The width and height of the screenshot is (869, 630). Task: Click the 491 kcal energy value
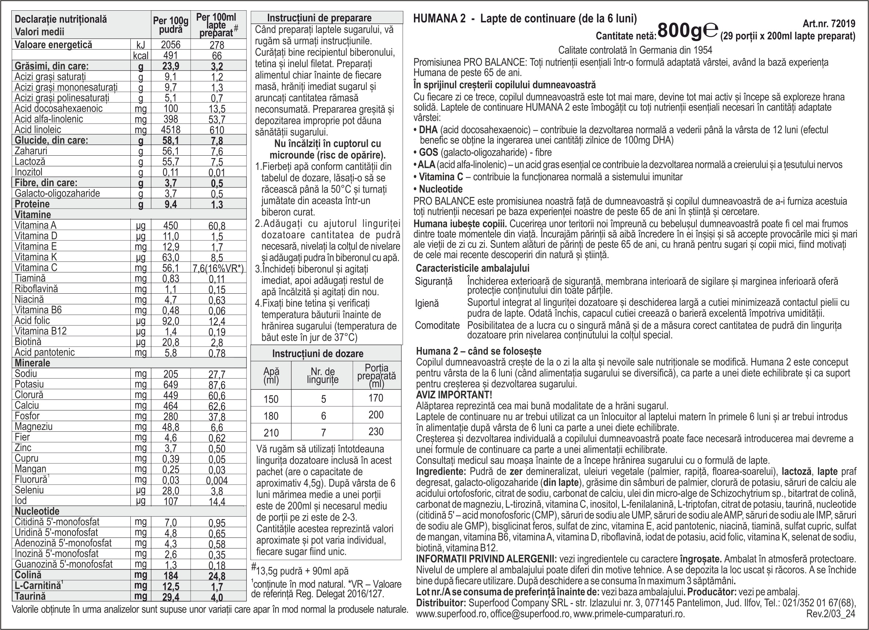[x=170, y=55]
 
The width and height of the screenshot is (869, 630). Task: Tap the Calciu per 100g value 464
[x=170, y=406]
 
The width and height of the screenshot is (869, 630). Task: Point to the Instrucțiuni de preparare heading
[x=319, y=18]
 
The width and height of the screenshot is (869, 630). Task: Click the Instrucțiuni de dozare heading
[x=318, y=354]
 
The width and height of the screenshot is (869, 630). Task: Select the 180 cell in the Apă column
[x=271, y=416]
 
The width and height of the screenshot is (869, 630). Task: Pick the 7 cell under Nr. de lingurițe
[x=323, y=433]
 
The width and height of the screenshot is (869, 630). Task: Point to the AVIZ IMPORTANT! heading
[x=454, y=394]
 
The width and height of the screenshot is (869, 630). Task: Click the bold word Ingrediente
[x=441, y=471]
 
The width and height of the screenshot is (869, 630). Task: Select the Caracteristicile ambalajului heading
[x=472, y=268]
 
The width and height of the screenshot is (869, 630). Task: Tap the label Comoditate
[x=437, y=326]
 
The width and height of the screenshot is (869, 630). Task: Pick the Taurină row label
[x=30, y=596]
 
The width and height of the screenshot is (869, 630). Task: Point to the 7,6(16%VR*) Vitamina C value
[x=218, y=268]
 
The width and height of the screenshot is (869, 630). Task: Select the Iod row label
[x=21, y=500]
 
